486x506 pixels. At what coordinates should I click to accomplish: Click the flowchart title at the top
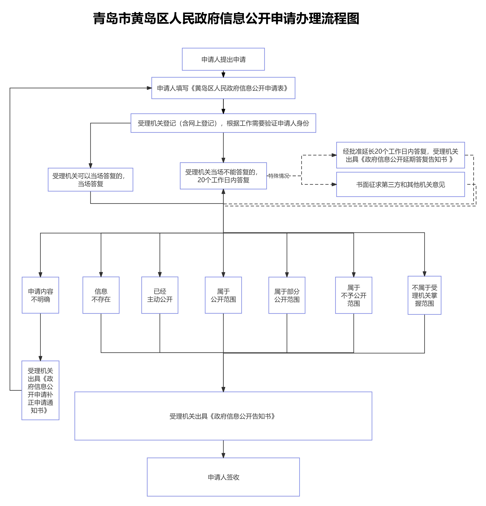point(226,19)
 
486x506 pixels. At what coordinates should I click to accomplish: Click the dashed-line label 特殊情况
point(279,176)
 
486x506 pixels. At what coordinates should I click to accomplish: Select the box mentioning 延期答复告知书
point(400,155)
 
